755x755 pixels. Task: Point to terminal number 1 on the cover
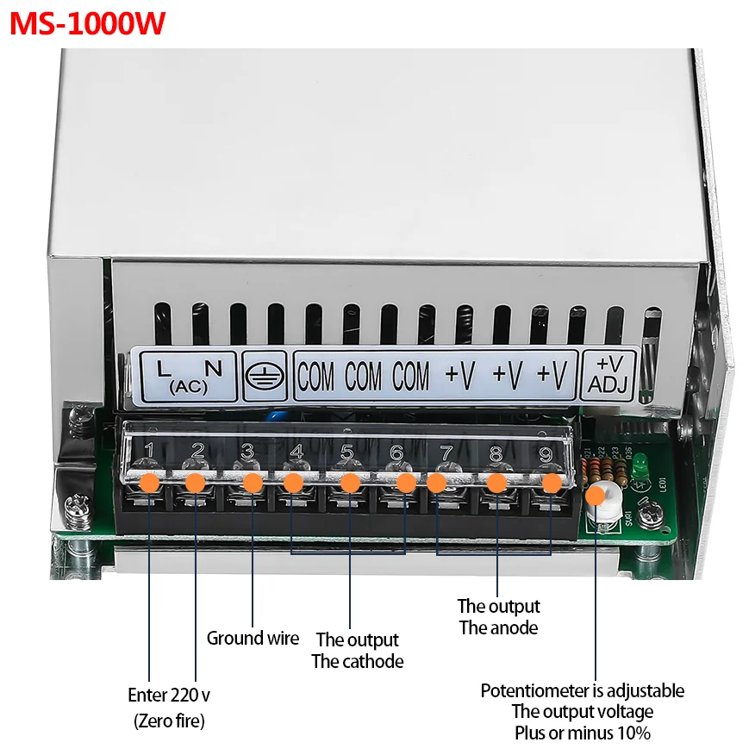tap(149, 450)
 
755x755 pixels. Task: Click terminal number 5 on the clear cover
tap(346, 451)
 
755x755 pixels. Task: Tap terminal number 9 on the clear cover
tap(546, 453)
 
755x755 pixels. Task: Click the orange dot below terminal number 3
tap(253, 483)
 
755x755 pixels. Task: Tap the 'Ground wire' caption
tap(253, 639)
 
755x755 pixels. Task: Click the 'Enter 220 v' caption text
tap(169, 695)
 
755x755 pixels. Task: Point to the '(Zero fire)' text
tap(169, 721)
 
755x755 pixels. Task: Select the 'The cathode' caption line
tap(357, 662)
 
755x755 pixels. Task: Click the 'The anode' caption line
tap(498, 627)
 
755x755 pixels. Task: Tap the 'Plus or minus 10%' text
tap(583, 733)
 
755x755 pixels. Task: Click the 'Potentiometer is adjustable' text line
tap(583, 690)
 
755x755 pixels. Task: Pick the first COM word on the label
tap(316, 377)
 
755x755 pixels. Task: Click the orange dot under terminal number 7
tap(437, 483)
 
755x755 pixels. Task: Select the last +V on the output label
tap(552, 376)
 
